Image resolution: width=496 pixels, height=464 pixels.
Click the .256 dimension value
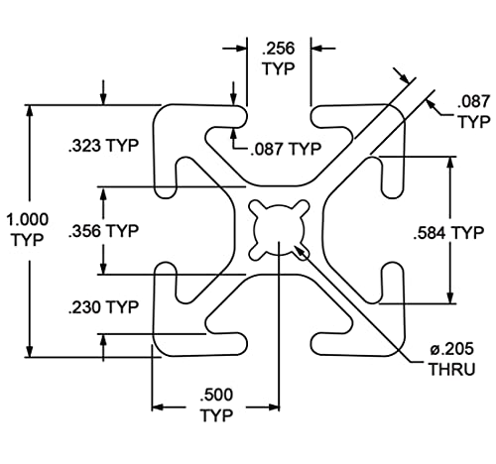(278, 49)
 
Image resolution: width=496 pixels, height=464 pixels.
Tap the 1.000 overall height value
(28, 219)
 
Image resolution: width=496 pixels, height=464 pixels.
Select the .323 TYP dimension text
(103, 146)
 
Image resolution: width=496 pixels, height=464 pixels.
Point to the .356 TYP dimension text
(103, 231)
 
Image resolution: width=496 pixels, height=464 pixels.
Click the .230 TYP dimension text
(103, 307)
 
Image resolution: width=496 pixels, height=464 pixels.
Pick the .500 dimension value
(216, 395)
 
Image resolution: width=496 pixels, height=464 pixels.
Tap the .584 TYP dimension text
(448, 233)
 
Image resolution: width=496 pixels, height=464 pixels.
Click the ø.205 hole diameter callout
(451, 349)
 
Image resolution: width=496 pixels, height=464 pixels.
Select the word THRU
(452, 369)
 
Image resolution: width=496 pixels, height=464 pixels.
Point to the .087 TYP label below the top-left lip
(286, 149)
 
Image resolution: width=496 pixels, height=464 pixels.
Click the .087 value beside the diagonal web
(473, 101)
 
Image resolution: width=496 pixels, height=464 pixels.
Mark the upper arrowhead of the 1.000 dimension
(30, 111)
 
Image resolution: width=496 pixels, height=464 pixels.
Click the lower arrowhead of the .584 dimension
(449, 297)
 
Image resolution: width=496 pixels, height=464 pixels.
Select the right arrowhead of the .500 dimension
(274, 407)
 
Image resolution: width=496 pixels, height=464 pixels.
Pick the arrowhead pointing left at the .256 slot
(317, 49)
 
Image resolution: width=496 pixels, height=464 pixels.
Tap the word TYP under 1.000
(28, 240)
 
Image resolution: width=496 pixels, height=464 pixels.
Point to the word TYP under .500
(217, 415)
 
